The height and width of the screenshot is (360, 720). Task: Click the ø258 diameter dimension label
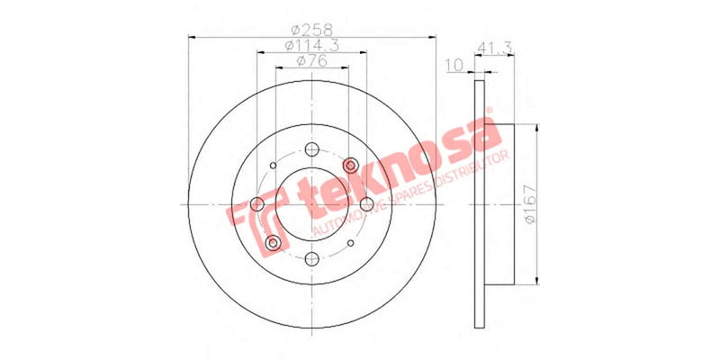click(x=311, y=28)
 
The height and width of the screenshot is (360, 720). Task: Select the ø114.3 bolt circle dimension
click(x=311, y=46)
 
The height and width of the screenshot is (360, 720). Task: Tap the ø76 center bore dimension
click(x=311, y=62)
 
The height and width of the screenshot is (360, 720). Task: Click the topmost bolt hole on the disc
click(x=311, y=149)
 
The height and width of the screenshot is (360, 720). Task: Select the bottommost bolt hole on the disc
click(x=311, y=259)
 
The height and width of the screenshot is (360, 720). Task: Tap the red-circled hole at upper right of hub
click(x=352, y=165)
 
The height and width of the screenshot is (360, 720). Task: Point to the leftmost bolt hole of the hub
click(x=257, y=205)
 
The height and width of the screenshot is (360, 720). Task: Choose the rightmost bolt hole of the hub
click(x=366, y=204)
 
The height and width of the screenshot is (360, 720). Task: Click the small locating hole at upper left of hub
click(x=274, y=166)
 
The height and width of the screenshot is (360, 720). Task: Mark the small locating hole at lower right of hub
click(x=351, y=244)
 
